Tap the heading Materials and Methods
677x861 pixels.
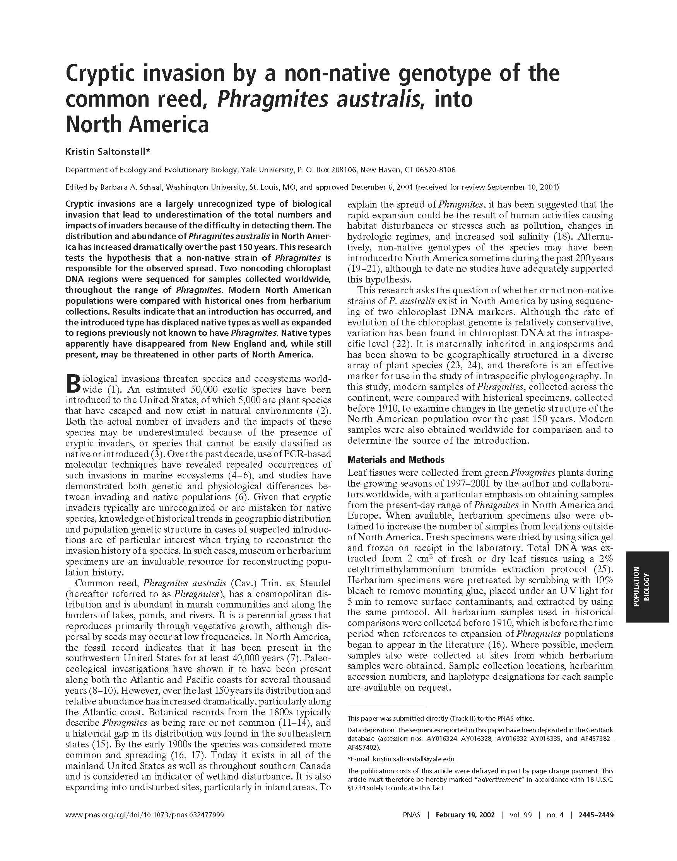[396, 459]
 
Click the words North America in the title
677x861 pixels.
[137, 124]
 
